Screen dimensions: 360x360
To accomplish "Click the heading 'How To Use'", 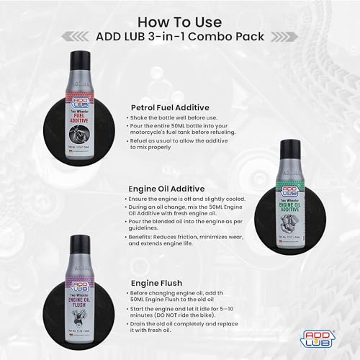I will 180,15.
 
